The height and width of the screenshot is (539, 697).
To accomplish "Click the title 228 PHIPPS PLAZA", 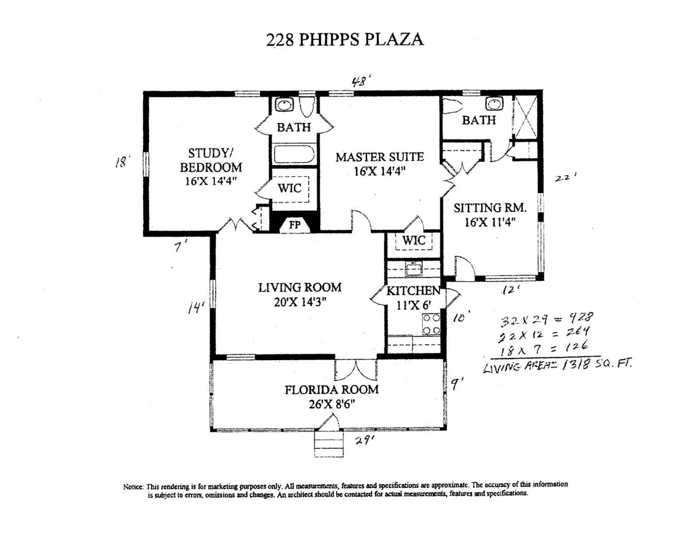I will [x=344, y=39].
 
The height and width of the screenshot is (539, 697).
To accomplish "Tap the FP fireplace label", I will [x=295, y=225].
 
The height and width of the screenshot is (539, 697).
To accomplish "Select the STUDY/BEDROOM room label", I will [x=211, y=160].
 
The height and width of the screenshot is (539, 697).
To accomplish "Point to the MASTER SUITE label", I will [x=379, y=157].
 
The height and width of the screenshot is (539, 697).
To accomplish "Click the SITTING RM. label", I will [x=490, y=208].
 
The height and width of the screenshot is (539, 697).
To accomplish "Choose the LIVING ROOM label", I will [x=300, y=287].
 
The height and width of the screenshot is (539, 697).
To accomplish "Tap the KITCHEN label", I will [x=414, y=291].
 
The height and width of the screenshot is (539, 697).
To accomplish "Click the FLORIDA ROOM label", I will [x=331, y=390].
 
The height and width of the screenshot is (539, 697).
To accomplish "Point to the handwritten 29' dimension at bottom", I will [x=363, y=440].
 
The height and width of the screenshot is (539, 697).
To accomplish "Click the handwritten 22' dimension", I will [x=566, y=178].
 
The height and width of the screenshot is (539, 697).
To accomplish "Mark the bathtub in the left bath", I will [x=294, y=154].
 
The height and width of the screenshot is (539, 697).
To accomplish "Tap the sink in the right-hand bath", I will [x=495, y=104].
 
